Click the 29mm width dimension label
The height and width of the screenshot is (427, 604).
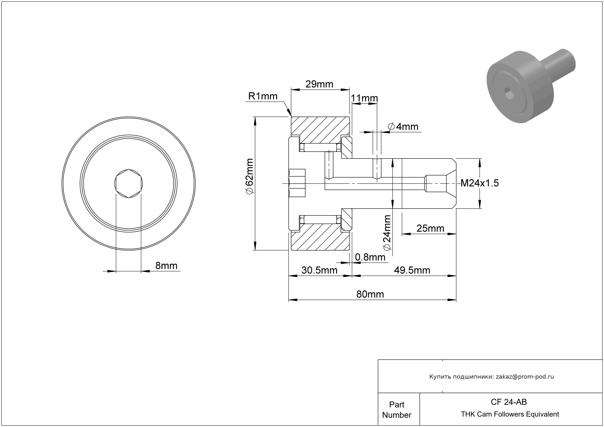319,84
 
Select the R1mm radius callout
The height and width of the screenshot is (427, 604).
263,96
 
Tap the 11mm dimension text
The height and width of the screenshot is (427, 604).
364,98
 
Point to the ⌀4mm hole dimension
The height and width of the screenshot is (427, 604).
403,127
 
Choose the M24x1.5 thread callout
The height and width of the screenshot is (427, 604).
479,183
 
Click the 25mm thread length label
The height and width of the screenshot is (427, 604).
430,228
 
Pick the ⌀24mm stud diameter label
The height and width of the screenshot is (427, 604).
387,232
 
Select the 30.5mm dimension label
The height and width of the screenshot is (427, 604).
319,270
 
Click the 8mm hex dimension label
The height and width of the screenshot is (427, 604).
166,266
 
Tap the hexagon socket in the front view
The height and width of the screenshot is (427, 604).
128,183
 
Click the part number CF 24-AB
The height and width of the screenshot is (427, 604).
509,402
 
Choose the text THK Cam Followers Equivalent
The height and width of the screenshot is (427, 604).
510,414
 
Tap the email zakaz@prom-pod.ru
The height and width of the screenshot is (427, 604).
525,377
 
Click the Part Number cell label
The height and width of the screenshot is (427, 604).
396,410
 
